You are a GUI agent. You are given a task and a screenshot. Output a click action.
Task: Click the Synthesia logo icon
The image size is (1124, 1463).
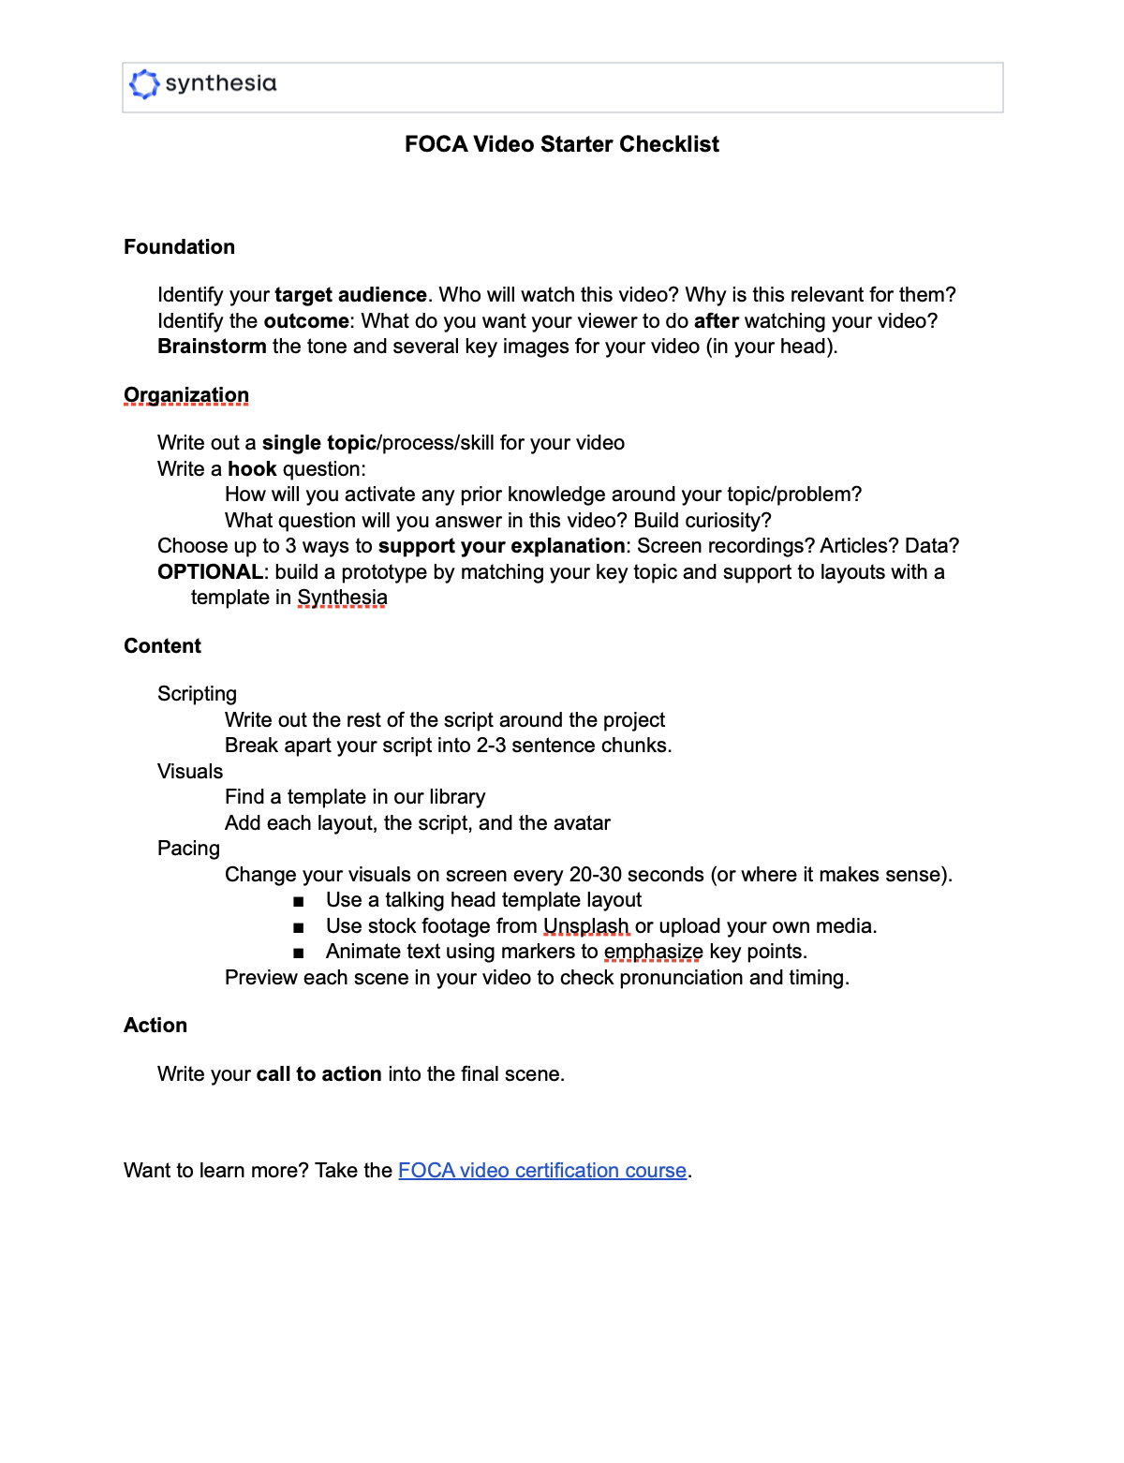pos(144,84)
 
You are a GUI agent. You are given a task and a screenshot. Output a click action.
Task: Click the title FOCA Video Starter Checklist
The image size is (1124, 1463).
pos(562,144)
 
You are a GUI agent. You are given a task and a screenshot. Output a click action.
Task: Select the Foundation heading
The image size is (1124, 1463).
pos(180,247)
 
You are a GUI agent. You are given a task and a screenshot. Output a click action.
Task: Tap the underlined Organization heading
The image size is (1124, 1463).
pos(186,395)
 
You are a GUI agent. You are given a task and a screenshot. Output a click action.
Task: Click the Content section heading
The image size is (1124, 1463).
pos(163,646)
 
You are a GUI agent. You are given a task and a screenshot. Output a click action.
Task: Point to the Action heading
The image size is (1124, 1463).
pos(155,1026)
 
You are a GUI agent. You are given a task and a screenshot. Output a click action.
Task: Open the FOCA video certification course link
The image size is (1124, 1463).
pos(542,1171)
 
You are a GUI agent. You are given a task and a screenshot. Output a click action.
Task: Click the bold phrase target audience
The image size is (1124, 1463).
pos(350,295)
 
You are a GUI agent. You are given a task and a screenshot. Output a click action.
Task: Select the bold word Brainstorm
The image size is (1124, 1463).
pos(212,347)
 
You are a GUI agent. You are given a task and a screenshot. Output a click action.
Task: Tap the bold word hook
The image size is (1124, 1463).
pos(252,469)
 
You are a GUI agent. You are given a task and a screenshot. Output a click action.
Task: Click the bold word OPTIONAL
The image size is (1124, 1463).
pos(210,572)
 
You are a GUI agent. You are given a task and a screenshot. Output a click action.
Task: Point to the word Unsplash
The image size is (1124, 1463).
pos(586,926)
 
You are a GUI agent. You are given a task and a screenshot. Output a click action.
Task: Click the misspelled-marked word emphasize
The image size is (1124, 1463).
pos(653,952)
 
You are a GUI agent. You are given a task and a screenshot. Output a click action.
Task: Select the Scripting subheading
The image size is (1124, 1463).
pos(197,694)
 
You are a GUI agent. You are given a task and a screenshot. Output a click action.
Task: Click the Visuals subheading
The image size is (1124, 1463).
pos(190,772)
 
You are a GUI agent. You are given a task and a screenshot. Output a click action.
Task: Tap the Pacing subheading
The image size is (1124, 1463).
pos(188,849)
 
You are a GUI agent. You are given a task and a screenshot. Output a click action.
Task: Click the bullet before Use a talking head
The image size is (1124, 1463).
pos(298,901)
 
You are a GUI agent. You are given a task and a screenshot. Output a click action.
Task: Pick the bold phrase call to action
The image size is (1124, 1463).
pos(318,1074)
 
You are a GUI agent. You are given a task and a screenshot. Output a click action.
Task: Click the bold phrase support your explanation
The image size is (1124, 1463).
pos(501,546)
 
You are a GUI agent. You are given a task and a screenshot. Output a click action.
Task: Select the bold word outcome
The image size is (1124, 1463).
pos(306,321)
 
